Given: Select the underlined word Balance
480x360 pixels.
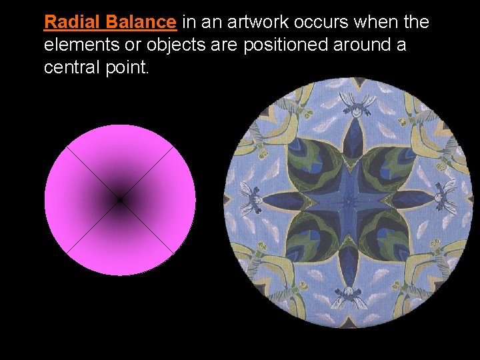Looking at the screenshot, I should [x=140, y=22].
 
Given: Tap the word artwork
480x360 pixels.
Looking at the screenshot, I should [x=254, y=22].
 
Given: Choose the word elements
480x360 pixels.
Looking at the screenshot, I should [x=75, y=45].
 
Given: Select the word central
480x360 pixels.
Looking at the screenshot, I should [x=69, y=68].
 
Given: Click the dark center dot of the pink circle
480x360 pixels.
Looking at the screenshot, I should [x=120, y=200].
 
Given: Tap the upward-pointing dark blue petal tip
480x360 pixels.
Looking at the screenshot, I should [x=350, y=133].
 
